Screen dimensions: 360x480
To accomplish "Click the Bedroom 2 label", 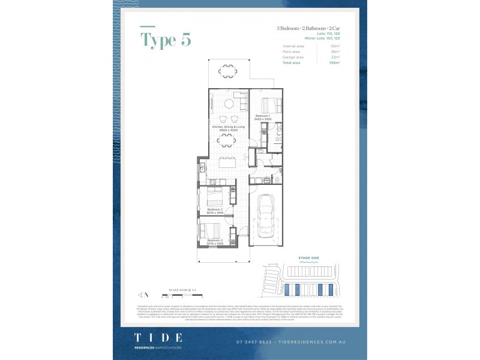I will coord(215,210).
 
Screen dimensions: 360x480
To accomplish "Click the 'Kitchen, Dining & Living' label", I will coord(228,128).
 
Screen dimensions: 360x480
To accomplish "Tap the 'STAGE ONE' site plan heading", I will coord(308,258).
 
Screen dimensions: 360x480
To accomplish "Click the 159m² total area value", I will coord(335,62).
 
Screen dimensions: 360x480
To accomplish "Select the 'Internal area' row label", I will coord(292,46).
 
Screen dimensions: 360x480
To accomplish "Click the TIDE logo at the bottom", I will coord(158,338).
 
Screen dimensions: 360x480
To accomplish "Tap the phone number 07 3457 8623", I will coord(255,342).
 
